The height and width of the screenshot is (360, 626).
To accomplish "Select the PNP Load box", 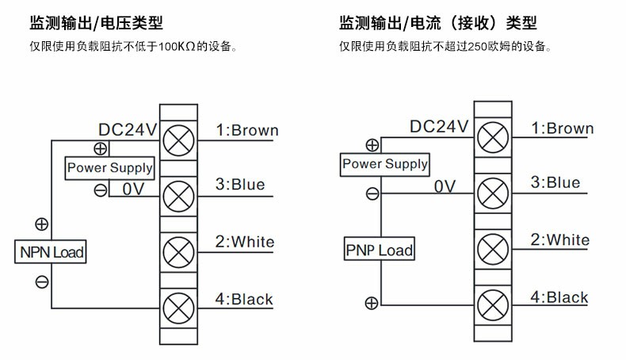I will tap(379, 251).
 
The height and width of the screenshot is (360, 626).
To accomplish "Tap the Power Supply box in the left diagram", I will tap(109, 167).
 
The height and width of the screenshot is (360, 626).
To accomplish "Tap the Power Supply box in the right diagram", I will tap(384, 165).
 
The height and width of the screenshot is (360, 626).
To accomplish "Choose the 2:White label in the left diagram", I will tap(244, 242).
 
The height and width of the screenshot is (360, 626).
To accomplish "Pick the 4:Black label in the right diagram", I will tap(559, 298).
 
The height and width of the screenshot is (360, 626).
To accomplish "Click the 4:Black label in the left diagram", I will tap(244, 300).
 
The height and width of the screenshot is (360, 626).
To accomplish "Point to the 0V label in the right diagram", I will tap(446, 186).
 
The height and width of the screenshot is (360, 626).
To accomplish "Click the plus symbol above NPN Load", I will tap(42, 224).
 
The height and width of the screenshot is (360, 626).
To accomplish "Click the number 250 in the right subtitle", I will tap(475, 46).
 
